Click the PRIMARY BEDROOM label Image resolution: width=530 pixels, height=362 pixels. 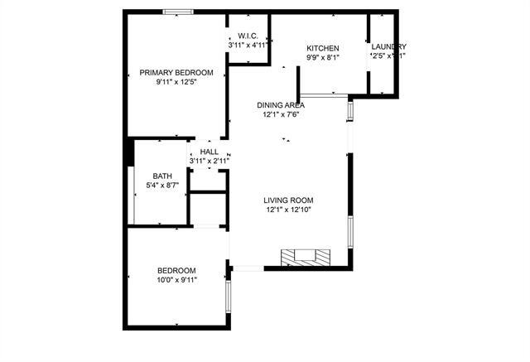tap(176, 73)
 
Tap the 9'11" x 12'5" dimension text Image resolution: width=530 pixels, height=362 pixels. tap(176, 83)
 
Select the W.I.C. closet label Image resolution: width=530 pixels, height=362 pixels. tap(250, 36)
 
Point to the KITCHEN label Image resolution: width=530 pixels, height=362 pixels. tap(323, 48)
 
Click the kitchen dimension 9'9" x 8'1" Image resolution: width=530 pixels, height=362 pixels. tap(323, 58)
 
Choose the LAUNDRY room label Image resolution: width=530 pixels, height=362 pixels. tap(388, 46)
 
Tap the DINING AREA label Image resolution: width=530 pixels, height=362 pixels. tap(281, 105)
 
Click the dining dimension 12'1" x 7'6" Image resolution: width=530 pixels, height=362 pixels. tap(281, 115)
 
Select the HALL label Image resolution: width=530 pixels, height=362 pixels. tap(210, 152)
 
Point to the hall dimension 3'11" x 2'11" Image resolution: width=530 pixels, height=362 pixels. tap(210, 162)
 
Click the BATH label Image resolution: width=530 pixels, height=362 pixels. tap(162, 176)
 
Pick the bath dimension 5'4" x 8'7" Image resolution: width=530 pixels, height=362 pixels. tap(162, 186)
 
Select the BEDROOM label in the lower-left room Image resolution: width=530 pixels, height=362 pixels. tap(177, 271)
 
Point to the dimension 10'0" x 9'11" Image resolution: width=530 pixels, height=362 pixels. tap(177, 281)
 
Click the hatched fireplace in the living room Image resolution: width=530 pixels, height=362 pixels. tap(304, 256)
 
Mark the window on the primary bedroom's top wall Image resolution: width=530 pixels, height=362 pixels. tap(178, 12)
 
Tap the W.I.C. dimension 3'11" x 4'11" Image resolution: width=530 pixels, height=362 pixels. tap(250, 45)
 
